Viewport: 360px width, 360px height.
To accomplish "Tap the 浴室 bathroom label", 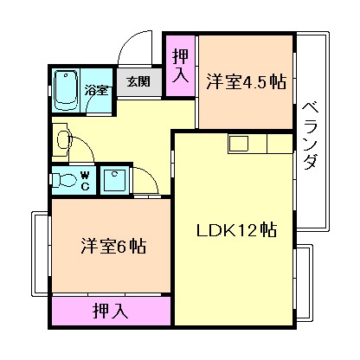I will [x=98, y=89].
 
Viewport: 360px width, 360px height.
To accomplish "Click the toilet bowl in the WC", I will [x=64, y=179].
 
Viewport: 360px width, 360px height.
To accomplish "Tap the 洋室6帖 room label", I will [x=108, y=245].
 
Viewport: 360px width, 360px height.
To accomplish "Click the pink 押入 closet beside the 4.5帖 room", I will [x=180, y=67].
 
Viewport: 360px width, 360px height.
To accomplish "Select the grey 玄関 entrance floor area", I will [x=138, y=81].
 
